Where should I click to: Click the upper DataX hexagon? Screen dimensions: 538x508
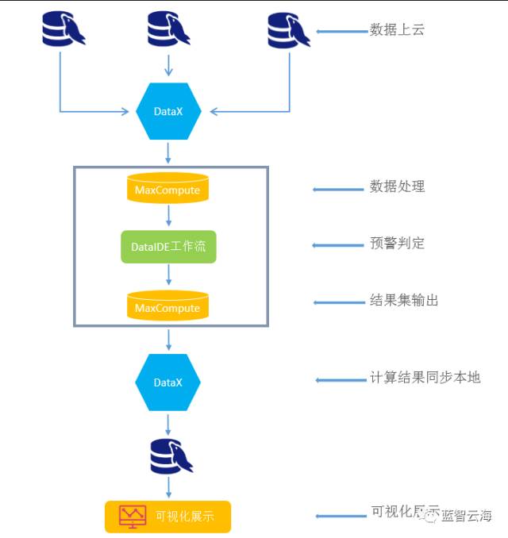point(168,111)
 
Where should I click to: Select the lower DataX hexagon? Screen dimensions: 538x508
point(168,382)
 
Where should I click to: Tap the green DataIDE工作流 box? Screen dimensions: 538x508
point(168,247)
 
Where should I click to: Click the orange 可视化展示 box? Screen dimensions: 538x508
point(168,517)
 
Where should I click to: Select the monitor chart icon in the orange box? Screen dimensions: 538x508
point(132,517)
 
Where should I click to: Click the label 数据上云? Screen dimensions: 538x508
point(397,30)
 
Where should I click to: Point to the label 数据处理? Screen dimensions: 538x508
point(397,186)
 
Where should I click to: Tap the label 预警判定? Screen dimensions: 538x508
point(397,243)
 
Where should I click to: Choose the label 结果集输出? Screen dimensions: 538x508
point(403,300)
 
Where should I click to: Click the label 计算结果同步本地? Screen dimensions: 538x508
point(425,377)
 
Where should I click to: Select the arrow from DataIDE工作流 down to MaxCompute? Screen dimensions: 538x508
point(168,275)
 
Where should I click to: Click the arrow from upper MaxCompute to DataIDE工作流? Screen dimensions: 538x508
point(168,217)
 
